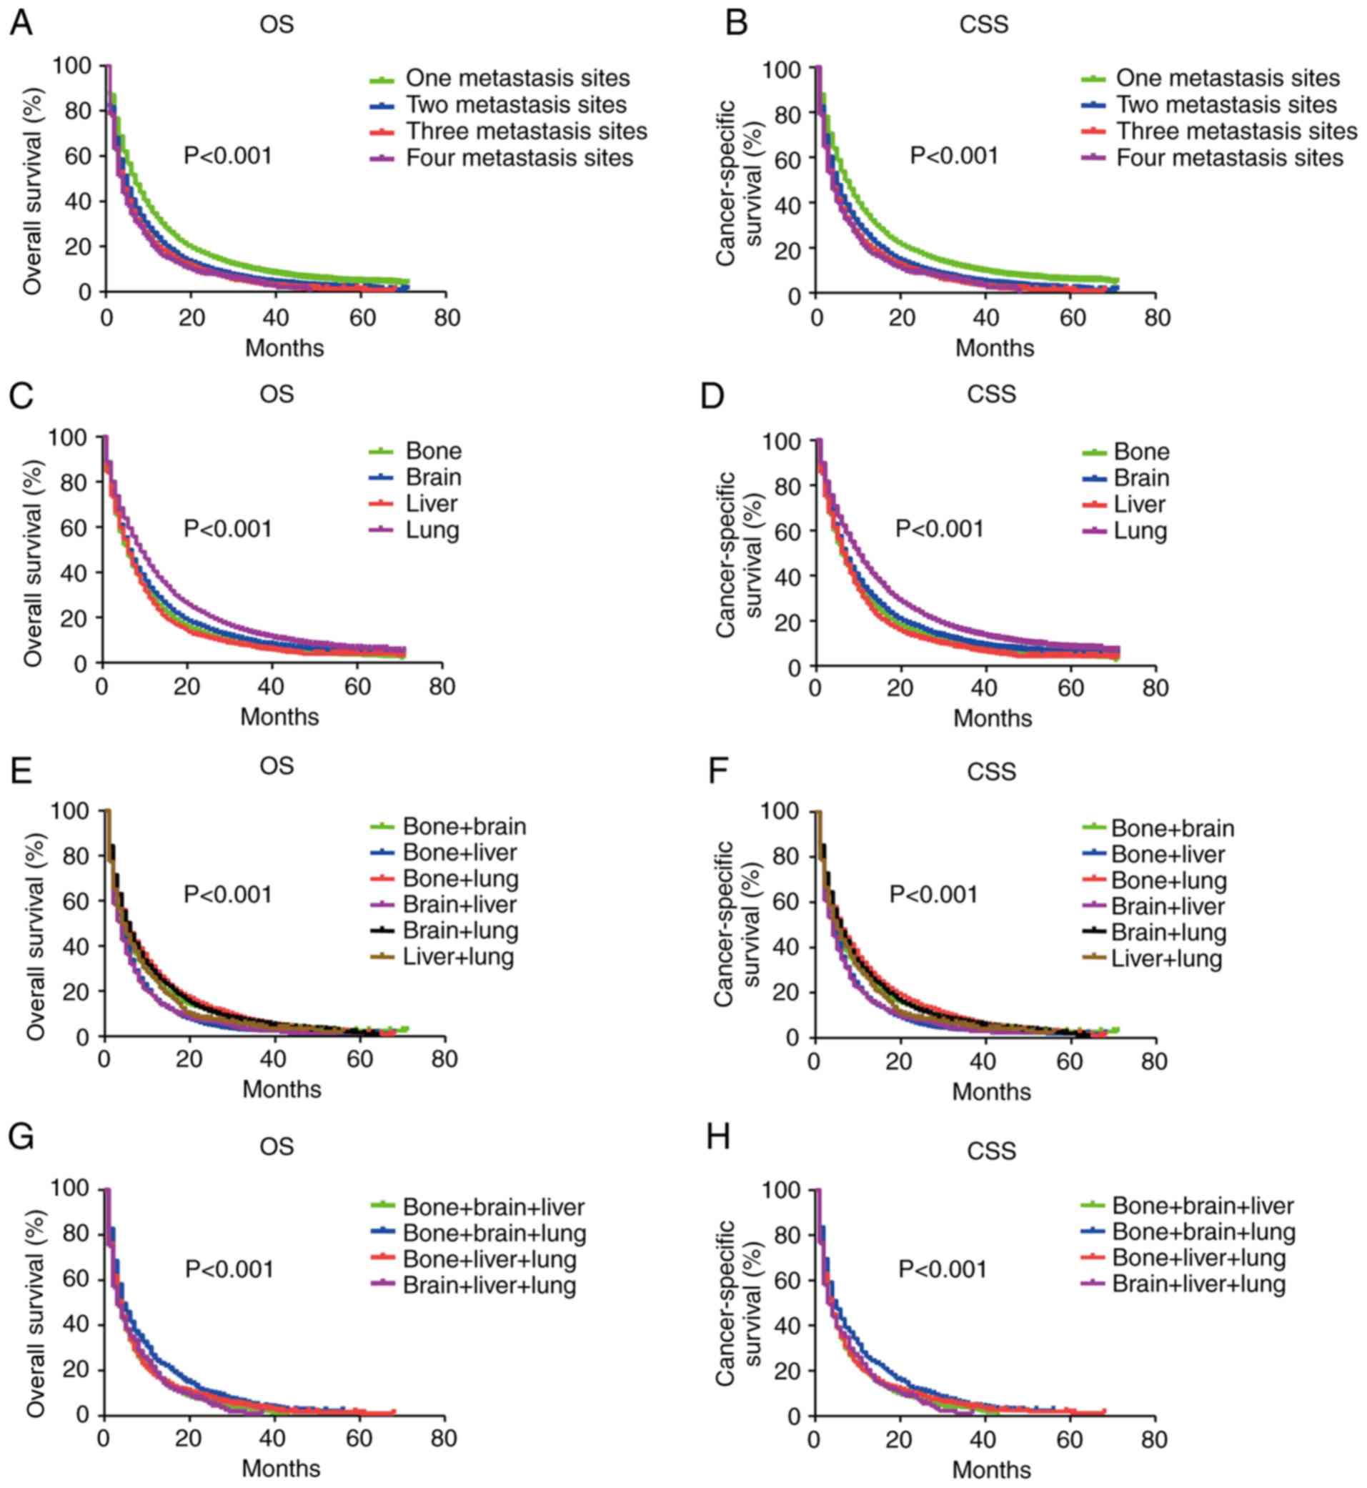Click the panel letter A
21,23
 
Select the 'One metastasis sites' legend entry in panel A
518,78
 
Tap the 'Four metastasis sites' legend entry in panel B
1229,158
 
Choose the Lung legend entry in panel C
433,530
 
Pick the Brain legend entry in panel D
1141,478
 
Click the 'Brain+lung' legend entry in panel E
460,930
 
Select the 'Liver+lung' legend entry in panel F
1166,959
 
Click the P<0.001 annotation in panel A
228,156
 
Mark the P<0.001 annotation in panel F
933,895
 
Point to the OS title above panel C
277,394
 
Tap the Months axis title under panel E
282,1089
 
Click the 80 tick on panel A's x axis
446,318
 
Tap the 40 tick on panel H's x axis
985,1441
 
